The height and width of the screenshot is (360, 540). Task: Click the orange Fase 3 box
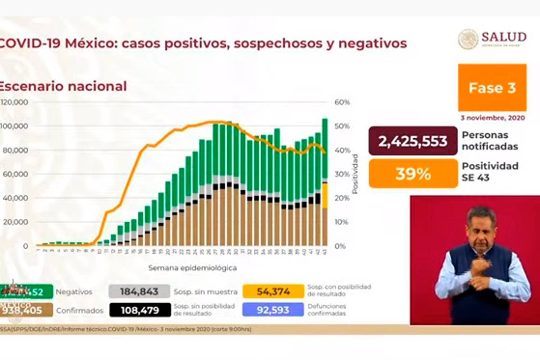click(x=492, y=88)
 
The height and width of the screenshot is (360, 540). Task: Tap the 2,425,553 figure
click(x=413, y=141)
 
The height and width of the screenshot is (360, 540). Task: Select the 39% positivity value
click(x=413, y=174)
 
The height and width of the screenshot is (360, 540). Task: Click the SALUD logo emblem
click(x=468, y=39)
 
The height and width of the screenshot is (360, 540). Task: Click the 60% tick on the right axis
click(x=342, y=102)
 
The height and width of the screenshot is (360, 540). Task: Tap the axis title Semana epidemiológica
click(x=192, y=268)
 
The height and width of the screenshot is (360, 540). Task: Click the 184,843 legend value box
click(x=139, y=292)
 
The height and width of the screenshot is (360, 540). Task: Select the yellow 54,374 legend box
click(x=273, y=292)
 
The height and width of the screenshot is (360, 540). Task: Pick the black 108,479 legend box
click(x=139, y=310)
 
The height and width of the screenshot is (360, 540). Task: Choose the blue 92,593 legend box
click(x=273, y=310)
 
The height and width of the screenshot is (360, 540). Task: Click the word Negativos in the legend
click(x=74, y=292)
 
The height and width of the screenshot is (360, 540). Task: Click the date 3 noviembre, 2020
click(x=493, y=117)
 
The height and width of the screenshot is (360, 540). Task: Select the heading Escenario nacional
click(x=63, y=86)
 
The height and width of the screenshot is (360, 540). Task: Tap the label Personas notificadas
click(x=490, y=141)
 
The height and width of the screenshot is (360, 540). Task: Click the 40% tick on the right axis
click(x=342, y=150)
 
